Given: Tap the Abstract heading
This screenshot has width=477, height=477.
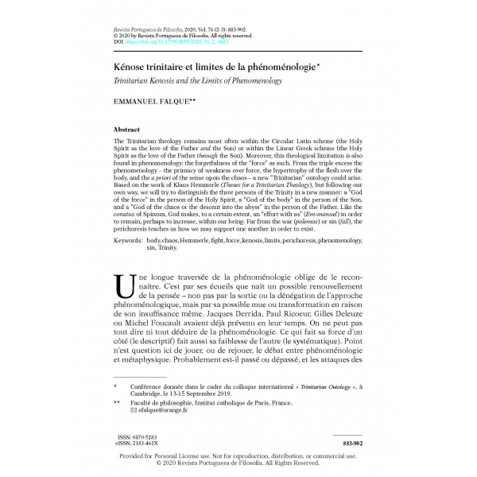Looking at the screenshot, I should pyautogui.click(x=130, y=128).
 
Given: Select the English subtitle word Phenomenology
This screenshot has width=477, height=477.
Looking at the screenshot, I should pyautogui.click(x=259, y=82).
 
